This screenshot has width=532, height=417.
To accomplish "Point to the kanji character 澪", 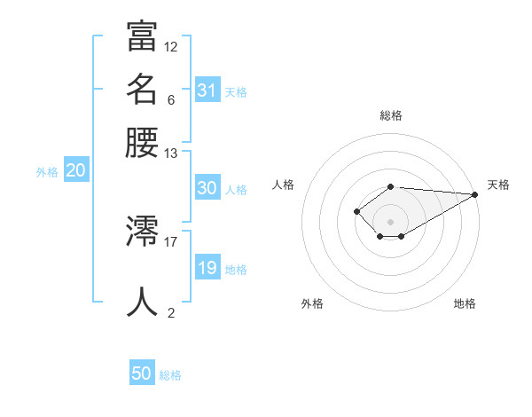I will pyautogui.click(x=142, y=230).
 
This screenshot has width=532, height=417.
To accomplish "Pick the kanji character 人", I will pyautogui.click(x=142, y=302).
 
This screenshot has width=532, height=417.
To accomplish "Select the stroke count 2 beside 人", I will pyautogui.click(x=171, y=312).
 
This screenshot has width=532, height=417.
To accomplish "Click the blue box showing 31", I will pyautogui.click(x=207, y=90).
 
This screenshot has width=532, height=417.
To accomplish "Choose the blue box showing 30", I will pyautogui.click(x=207, y=188).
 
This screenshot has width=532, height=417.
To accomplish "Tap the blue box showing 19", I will pyautogui.click(x=207, y=268).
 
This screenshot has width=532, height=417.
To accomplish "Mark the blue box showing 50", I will pyautogui.click(x=142, y=374).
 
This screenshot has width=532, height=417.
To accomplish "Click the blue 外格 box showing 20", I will pyautogui.click(x=75, y=172).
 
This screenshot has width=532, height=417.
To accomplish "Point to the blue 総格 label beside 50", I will pyautogui.click(x=170, y=375).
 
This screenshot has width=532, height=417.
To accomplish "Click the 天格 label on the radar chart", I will pyautogui.click(x=498, y=185).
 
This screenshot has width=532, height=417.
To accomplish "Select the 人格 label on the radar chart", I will pyautogui.click(x=283, y=185).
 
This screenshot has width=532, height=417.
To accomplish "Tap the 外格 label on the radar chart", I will pyautogui.click(x=312, y=303).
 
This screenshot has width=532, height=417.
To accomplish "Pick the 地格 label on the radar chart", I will pyautogui.click(x=465, y=303).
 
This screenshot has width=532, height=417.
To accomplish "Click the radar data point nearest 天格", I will pyautogui.click(x=474, y=194).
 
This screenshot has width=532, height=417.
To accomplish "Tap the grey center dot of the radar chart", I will pyautogui.click(x=390, y=222).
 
